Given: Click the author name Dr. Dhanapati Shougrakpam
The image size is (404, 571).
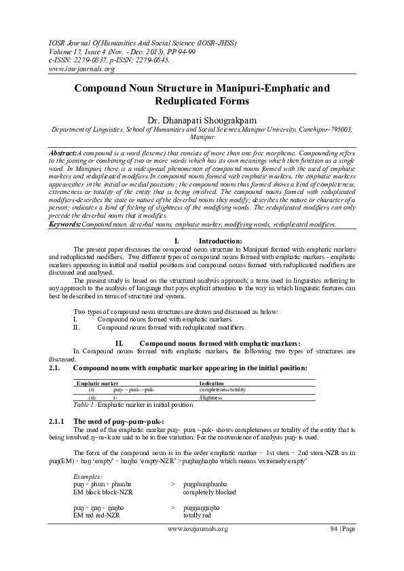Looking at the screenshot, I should (x=202, y=120).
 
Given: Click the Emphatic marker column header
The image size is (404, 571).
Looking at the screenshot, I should (x=97, y=383).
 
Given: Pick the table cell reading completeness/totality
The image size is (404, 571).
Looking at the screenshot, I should (x=222, y=391).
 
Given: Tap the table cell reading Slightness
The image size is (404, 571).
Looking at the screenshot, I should (x=210, y=398).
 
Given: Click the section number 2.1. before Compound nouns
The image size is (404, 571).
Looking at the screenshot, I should (x=56, y=367).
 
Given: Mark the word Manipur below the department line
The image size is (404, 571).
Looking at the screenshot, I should (x=202, y=136).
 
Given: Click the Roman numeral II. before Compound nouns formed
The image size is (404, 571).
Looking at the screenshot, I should (x=119, y=343).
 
